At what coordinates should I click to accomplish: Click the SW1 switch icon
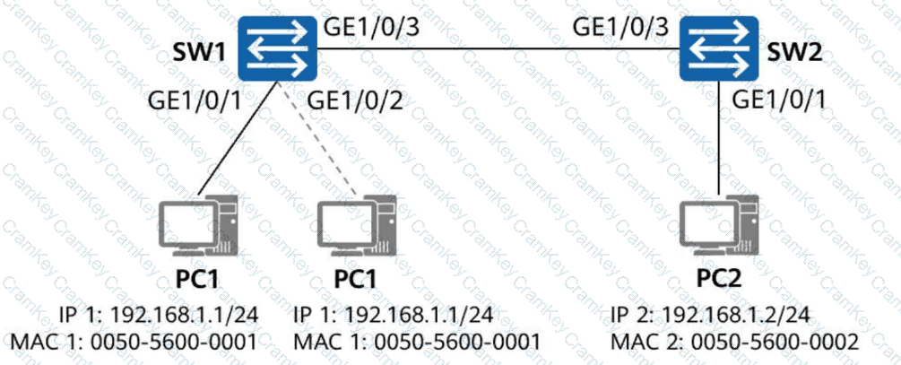[279, 48]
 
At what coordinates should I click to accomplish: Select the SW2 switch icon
[718, 48]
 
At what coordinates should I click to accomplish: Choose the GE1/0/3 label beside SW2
[620, 28]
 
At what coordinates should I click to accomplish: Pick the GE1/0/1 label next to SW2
[780, 101]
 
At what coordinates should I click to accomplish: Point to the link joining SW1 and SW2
[498, 48]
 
